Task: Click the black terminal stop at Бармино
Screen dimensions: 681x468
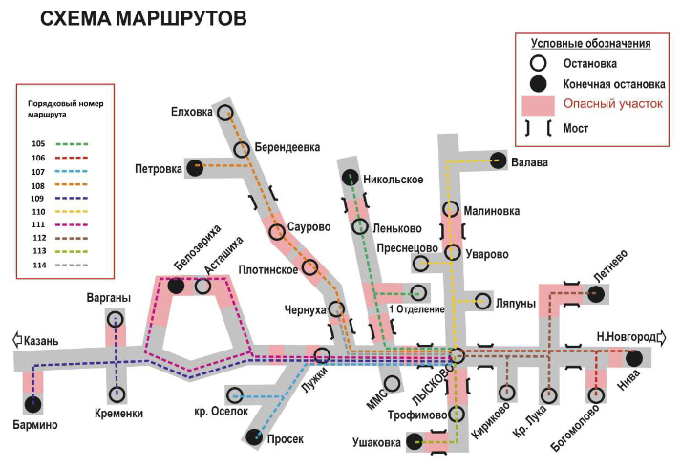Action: [x=32, y=405]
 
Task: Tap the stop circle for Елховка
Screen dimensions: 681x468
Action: [x=225, y=113]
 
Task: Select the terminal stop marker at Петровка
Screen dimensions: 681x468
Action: [x=195, y=167]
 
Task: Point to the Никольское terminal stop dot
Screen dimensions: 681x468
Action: [x=351, y=178]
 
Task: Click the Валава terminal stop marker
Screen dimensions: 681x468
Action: [x=499, y=161]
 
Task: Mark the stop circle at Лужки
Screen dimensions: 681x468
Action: [x=322, y=355]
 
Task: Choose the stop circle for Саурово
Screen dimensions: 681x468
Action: [x=277, y=232]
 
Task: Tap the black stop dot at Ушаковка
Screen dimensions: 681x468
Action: [x=415, y=441]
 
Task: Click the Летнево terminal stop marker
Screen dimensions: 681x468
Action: [x=595, y=294]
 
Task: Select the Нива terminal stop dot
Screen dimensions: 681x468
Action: [x=634, y=358]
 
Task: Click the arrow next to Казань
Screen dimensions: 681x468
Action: [x=17, y=339]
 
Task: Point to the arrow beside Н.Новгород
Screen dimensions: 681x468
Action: [x=662, y=337]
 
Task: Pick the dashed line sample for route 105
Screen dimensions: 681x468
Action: [x=72, y=143]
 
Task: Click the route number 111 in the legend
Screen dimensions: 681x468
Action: [x=38, y=224]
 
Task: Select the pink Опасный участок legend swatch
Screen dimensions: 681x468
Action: [x=538, y=105]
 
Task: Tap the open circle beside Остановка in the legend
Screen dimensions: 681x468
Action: [x=538, y=63]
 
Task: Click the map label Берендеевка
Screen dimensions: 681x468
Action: [x=287, y=147]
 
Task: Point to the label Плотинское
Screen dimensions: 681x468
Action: [x=268, y=270]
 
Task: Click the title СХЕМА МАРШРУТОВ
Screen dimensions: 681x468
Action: [x=143, y=19]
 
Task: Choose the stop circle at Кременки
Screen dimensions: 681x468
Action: [x=117, y=394]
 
